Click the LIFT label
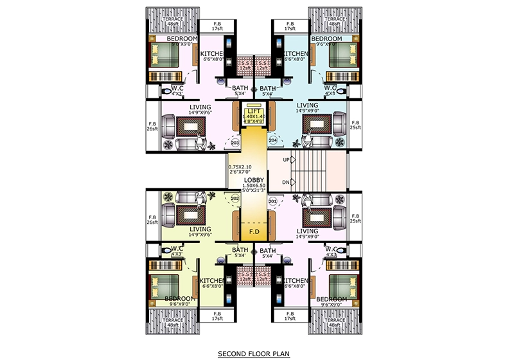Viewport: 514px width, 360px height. click(253, 111)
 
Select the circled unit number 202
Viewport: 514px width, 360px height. click(235, 198)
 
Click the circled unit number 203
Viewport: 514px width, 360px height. click(235, 143)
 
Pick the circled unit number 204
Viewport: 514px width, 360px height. click(272, 139)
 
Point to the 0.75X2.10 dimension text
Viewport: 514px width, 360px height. click(242, 168)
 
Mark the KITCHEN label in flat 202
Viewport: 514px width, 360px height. click(213, 282)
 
